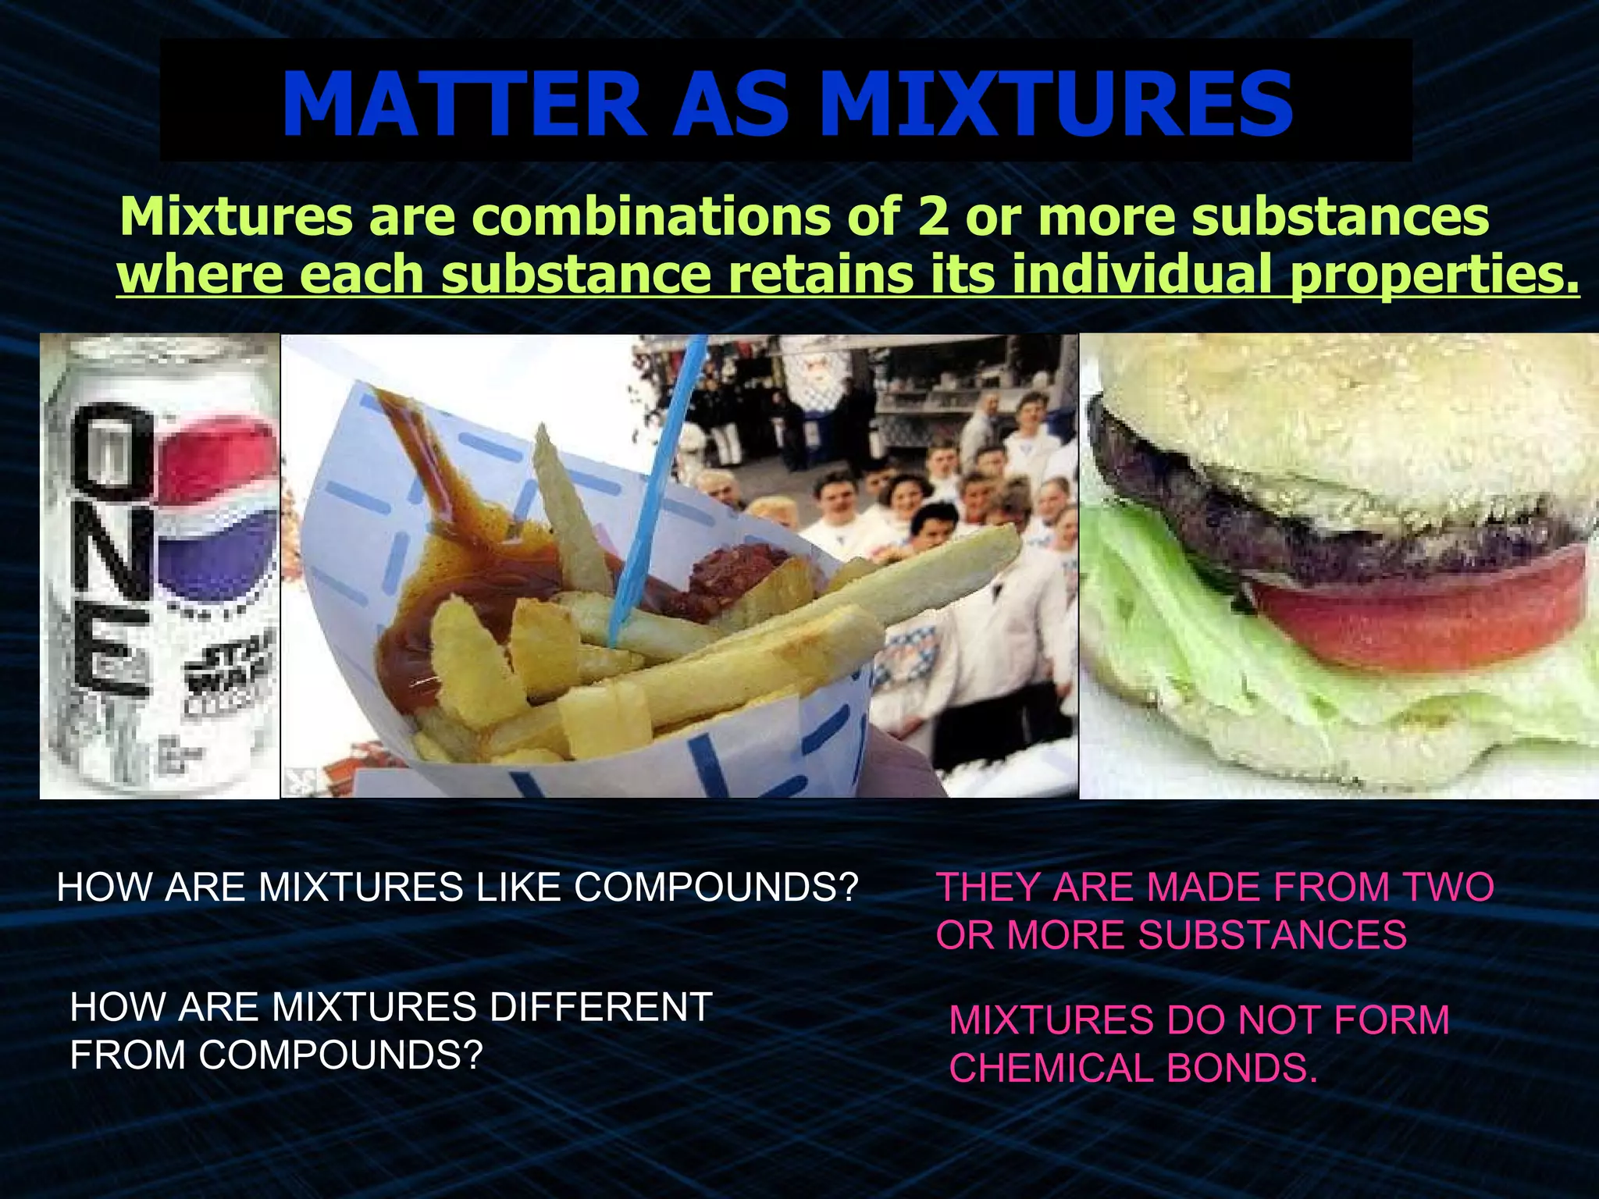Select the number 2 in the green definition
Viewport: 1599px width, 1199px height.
click(x=932, y=216)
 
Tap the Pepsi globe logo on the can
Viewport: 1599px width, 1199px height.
click(x=219, y=515)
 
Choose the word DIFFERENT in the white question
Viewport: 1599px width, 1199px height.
click(x=600, y=1007)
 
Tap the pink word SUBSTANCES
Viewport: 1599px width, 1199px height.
click(x=1272, y=935)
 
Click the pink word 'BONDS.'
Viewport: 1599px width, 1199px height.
click(x=1242, y=1069)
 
